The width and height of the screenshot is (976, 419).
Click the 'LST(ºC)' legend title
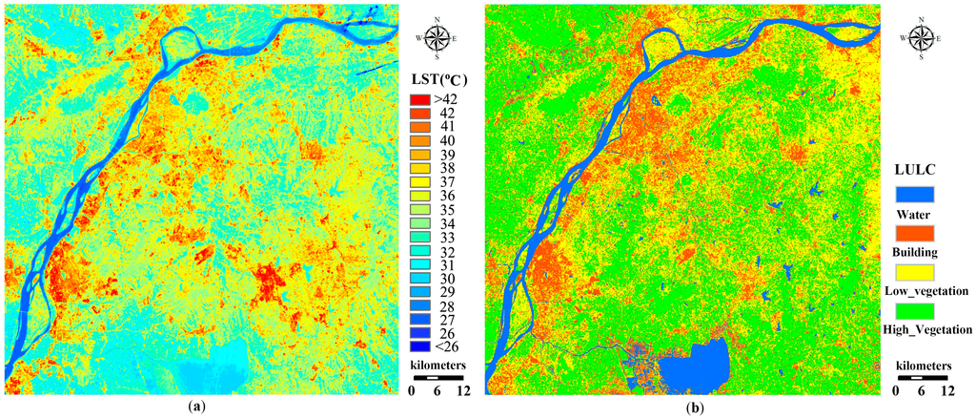click(x=437, y=77)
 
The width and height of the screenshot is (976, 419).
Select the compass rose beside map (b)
click(x=921, y=37)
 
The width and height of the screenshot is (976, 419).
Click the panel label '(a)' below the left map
click(x=196, y=407)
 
